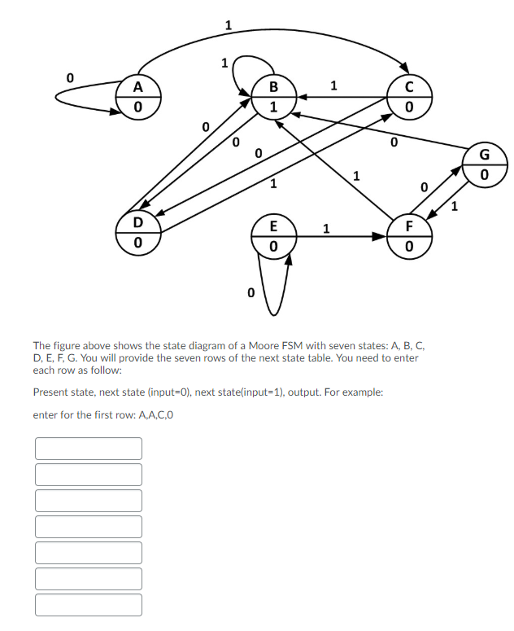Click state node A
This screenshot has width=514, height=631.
pyautogui.click(x=137, y=95)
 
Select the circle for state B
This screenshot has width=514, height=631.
pyautogui.click(x=273, y=95)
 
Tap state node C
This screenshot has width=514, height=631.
pyautogui.click(x=409, y=95)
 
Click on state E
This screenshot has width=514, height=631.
pyautogui.click(x=273, y=234)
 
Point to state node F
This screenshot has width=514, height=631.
pyautogui.click(x=409, y=234)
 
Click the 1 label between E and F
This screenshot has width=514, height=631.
pyautogui.click(x=325, y=227)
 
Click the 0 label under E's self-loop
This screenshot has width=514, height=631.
pyautogui.click(x=250, y=291)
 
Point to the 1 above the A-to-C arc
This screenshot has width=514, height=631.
pyautogui.click(x=228, y=24)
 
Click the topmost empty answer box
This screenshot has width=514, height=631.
pyautogui.click(x=89, y=449)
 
